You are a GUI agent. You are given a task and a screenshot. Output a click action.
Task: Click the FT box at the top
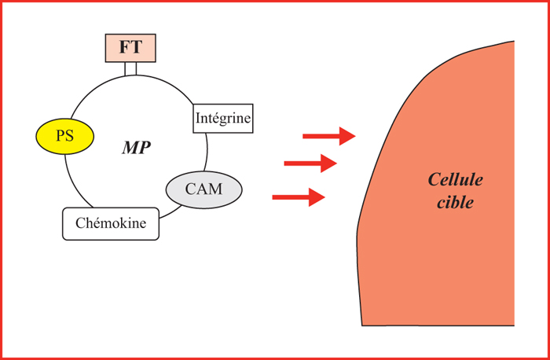point(130,48)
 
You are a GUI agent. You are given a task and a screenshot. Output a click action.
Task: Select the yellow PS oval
point(65,136)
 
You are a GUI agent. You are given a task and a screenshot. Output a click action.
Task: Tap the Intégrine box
point(223,118)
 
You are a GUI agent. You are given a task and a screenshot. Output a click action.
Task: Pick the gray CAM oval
point(203,189)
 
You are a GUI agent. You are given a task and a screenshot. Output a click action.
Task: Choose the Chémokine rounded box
point(111,224)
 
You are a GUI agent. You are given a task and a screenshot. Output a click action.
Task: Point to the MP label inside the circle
point(137,149)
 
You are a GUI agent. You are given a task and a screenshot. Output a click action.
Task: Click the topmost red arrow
point(329,136)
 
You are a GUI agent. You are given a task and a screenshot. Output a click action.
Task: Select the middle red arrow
point(310,163)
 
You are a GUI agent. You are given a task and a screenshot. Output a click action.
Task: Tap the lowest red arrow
point(299,197)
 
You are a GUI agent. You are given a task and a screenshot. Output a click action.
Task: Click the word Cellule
point(455,180)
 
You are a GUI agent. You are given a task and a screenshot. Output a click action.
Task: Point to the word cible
point(455,203)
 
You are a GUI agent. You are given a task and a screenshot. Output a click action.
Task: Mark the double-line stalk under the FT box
point(130,68)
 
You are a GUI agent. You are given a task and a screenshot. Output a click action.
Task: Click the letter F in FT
point(124,48)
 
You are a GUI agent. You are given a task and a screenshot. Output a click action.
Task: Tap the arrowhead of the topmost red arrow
point(347,136)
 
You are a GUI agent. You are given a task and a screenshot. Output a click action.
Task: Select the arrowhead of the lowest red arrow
point(317,197)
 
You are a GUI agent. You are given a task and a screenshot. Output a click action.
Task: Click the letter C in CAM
point(190,189)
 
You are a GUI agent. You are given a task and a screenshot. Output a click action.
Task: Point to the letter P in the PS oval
point(61,136)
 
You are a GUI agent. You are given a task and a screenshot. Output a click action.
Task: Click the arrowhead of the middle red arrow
point(328,163)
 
